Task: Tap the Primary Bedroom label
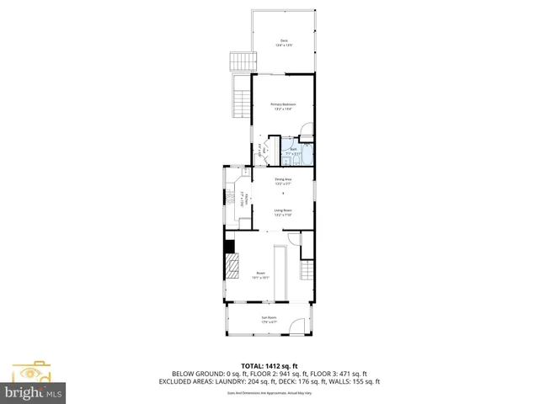[x=282, y=106]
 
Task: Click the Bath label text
[x=293, y=151]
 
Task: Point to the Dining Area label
[x=283, y=181]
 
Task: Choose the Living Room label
[x=283, y=212]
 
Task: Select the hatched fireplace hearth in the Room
[x=231, y=265]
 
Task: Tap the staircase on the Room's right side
[x=307, y=272]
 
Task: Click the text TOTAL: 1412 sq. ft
[x=269, y=365]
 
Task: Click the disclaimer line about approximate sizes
[x=269, y=393]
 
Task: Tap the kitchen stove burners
[x=228, y=199]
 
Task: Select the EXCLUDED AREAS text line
[x=269, y=381]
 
